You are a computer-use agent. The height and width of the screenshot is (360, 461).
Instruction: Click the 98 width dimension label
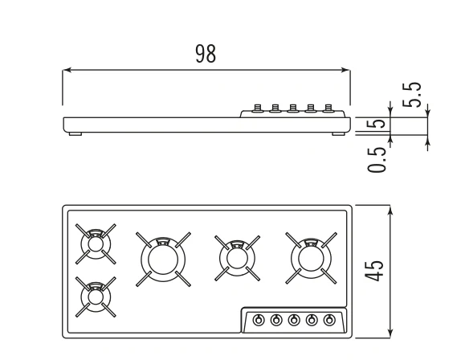point(206,54)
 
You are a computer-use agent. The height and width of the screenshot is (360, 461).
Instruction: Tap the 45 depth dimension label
point(374,270)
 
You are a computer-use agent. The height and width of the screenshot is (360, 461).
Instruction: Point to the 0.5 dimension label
point(377,159)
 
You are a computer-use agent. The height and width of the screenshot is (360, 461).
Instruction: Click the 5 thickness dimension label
point(377,124)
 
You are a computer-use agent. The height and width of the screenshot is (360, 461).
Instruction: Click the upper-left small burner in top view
point(96,244)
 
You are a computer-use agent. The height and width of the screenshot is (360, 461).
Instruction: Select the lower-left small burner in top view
point(96,297)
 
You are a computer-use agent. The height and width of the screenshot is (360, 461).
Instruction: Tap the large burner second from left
point(163,260)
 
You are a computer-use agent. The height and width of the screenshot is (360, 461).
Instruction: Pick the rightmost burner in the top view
point(311,258)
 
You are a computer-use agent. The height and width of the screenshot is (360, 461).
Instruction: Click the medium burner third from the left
point(237,258)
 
